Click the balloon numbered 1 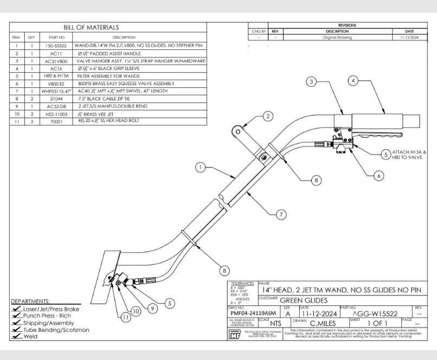tap(202, 168)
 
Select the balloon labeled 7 tap(281, 215)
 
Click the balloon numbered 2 tap(267, 115)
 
